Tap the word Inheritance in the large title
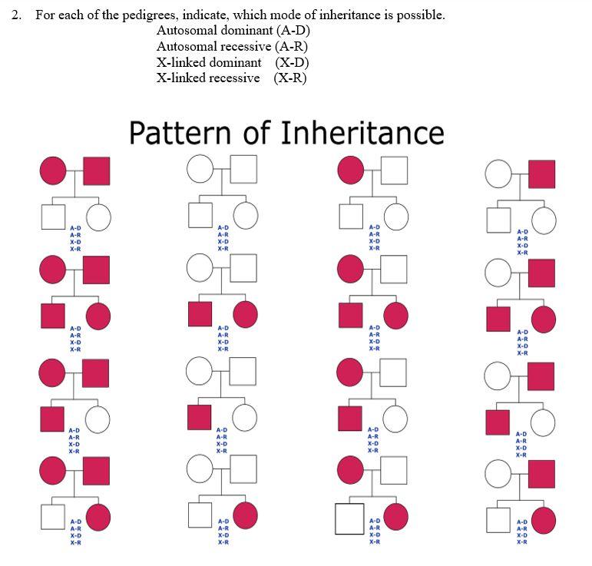coord(362,133)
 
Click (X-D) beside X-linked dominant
coord(292,62)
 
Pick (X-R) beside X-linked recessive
coord(290,78)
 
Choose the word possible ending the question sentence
coord(420,15)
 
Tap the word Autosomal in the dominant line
coord(186,31)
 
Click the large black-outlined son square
coord(349,518)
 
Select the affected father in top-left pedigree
coord(96,170)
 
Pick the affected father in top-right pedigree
coord(541,174)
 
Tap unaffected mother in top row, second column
coord(200,170)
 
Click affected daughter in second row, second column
coord(246,313)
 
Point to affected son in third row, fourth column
coord(498,422)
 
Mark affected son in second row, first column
coord(53,316)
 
